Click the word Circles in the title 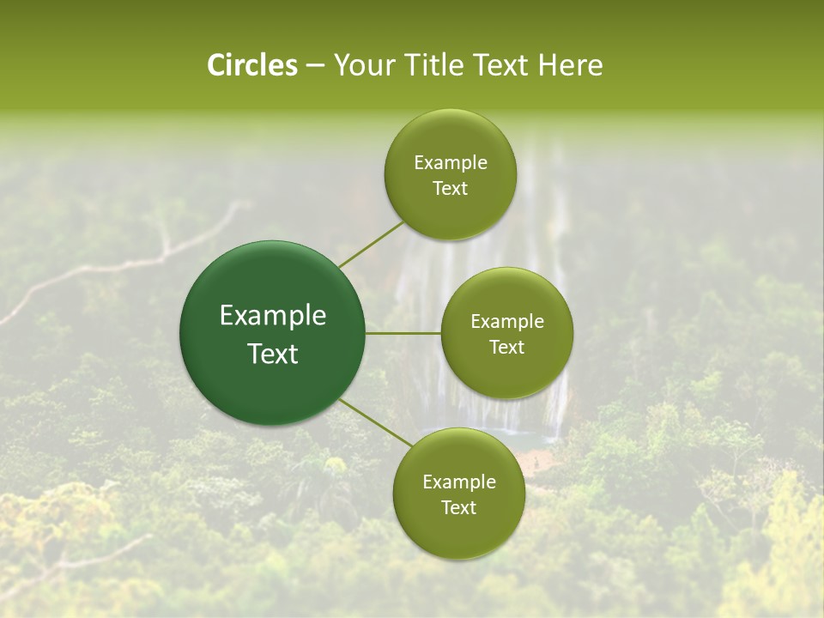(x=252, y=65)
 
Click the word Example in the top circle (x=450, y=163)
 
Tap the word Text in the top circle (x=450, y=189)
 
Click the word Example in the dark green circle (x=273, y=316)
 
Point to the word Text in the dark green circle (x=273, y=354)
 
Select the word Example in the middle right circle (x=506, y=322)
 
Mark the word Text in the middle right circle (x=506, y=348)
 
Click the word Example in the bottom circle (x=458, y=482)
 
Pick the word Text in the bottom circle (x=458, y=508)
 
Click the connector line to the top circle (x=371, y=244)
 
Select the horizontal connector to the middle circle (x=403, y=333)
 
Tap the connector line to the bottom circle (x=375, y=422)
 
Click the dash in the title (x=314, y=66)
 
